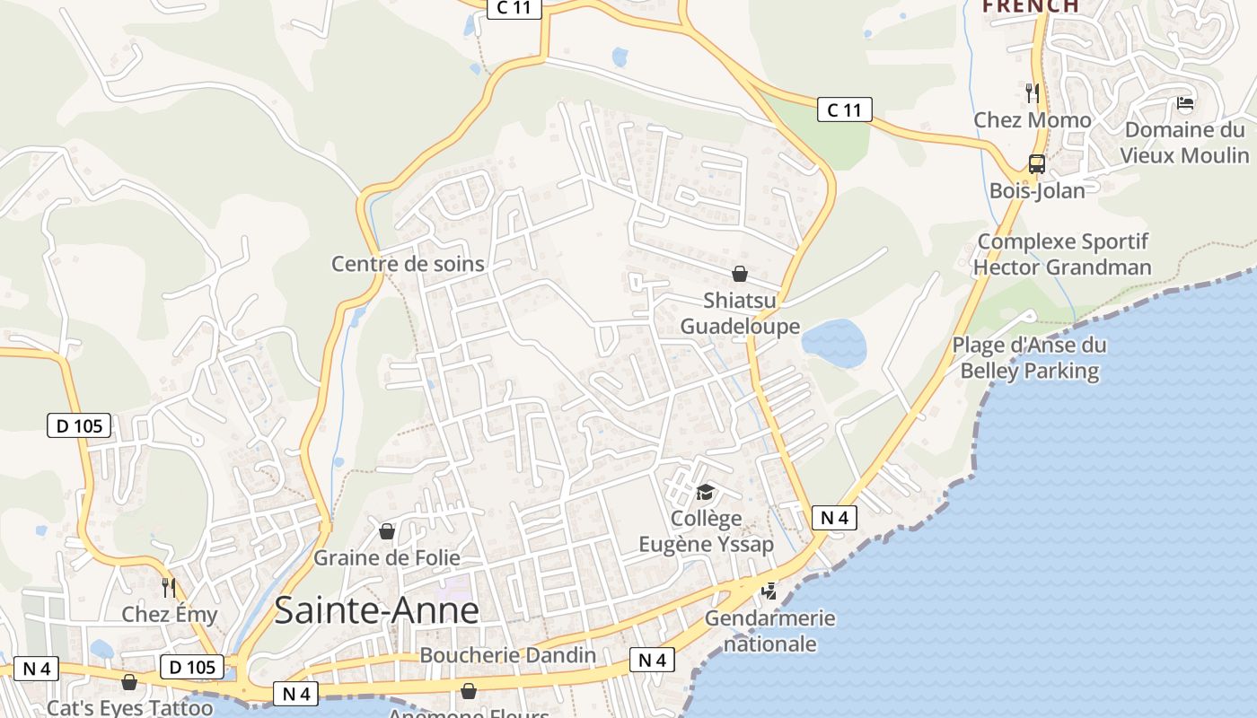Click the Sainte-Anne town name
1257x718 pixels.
[x=376, y=610]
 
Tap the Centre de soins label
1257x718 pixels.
[x=408, y=264]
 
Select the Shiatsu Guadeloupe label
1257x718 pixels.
[x=740, y=312]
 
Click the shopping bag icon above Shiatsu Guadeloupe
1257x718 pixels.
[x=740, y=274]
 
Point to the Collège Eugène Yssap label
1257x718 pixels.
[x=706, y=531]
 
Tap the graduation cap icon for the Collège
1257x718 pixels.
[x=705, y=493]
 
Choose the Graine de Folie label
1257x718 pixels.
[x=386, y=557]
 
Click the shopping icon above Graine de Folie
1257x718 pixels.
[x=387, y=531]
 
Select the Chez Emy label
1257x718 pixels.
[x=170, y=615]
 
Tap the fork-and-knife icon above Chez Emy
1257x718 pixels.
[x=169, y=588]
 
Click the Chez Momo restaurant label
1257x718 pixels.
[x=1033, y=120]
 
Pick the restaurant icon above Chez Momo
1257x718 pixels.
[x=1033, y=92]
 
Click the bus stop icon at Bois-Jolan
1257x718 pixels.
[x=1037, y=164]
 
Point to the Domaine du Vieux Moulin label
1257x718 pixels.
[x=1184, y=143]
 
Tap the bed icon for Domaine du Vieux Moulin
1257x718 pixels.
[x=1185, y=103]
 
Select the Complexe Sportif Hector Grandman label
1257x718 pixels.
[x=1062, y=254]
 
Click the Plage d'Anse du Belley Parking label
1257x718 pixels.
[x=1029, y=358]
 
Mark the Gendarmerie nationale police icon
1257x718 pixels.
[x=769, y=591]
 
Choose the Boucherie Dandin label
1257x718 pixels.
[x=507, y=655]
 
